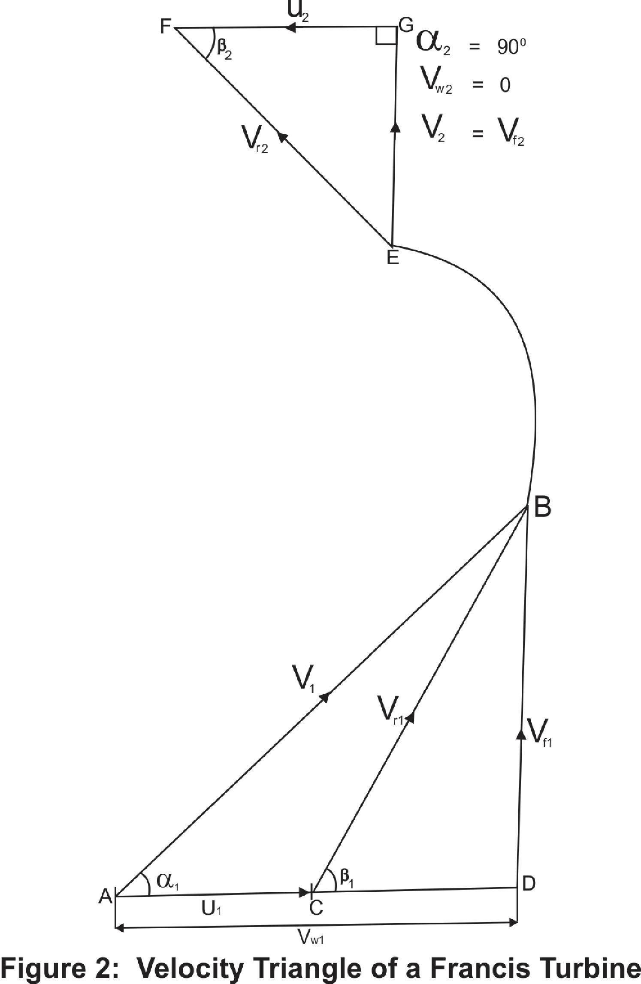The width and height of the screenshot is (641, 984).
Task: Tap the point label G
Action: point(405,26)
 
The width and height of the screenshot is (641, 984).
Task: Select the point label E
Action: point(393,258)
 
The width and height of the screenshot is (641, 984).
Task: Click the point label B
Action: point(542,507)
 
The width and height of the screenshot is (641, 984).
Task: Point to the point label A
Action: point(106,896)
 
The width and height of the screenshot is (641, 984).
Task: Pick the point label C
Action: point(316,908)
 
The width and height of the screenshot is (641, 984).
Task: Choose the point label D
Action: point(528,884)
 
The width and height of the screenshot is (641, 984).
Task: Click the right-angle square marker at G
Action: point(385,36)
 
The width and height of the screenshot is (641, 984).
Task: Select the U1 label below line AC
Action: point(211,908)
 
